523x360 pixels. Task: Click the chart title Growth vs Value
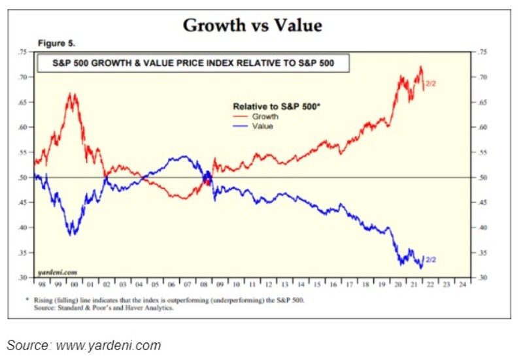point(252,25)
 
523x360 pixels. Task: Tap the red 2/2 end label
point(431,84)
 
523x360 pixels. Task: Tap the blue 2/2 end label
point(431,259)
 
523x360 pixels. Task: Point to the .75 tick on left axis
point(24,52)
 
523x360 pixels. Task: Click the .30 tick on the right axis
point(484,278)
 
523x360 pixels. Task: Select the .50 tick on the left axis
point(24,178)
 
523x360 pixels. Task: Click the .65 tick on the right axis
point(484,103)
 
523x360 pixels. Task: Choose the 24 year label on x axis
point(462,286)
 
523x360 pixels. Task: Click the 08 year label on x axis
point(203,286)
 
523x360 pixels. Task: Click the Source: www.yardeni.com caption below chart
point(84,345)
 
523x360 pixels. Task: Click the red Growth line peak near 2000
point(72,94)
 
